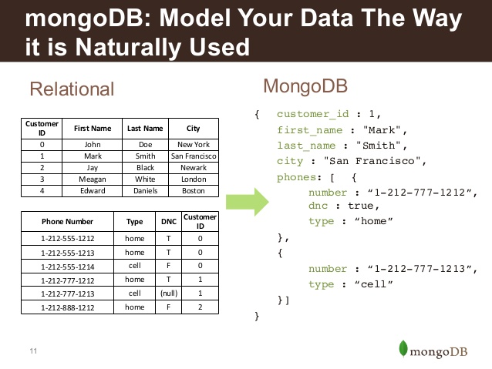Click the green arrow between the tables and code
pyautogui.click(x=248, y=202)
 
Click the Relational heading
pyautogui.click(x=72, y=89)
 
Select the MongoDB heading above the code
pyautogui.click(x=305, y=86)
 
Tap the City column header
pyautogui.click(x=194, y=128)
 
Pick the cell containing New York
pyautogui.click(x=194, y=145)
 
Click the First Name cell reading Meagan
pyautogui.click(x=93, y=179)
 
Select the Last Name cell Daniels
pyautogui.click(x=145, y=190)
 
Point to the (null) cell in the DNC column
pyautogui.click(x=169, y=294)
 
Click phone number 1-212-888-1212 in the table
pyautogui.click(x=67, y=307)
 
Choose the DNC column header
pyautogui.click(x=169, y=222)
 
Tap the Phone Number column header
pyautogui.click(x=67, y=222)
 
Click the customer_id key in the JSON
pyautogui.click(x=312, y=114)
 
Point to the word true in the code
pyautogui.click(x=361, y=206)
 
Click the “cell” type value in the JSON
pyautogui.click(x=373, y=284)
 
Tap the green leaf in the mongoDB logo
pyautogui.click(x=403, y=348)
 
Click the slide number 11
pyautogui.click(x=33, y=351)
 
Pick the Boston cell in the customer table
pyautogui.click(x=194, y=190)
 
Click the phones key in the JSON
pyautogui.click(x=297, y=177)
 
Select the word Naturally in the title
pyautogui.click(x=128, y=47)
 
